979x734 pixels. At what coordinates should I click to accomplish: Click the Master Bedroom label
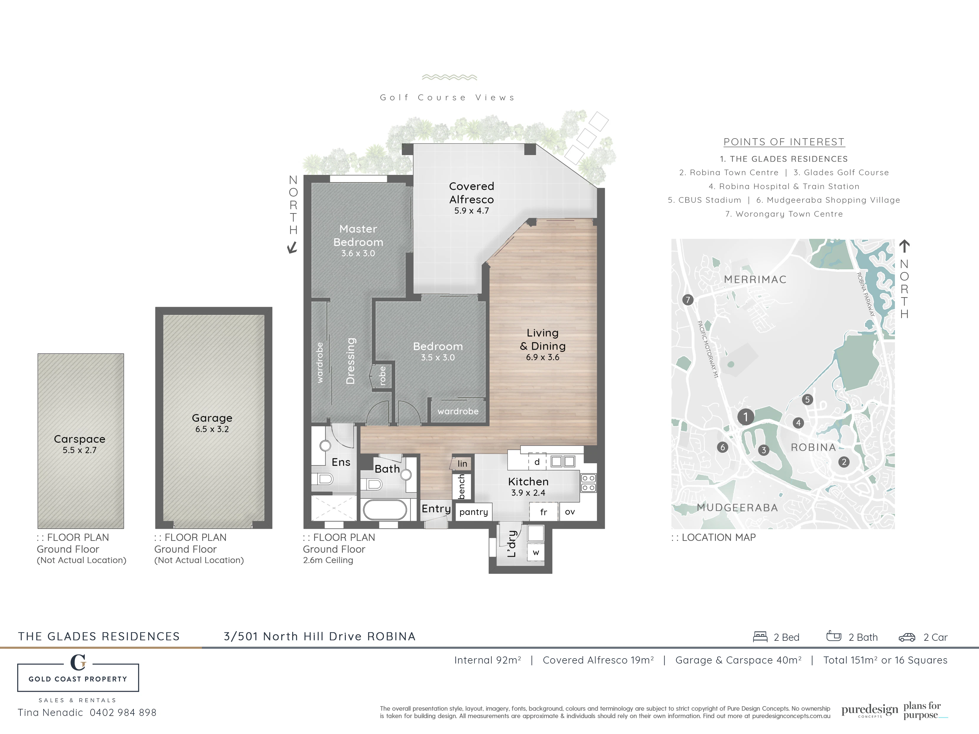(358, 235)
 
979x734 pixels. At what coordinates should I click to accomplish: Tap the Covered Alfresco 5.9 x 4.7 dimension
(471, 211)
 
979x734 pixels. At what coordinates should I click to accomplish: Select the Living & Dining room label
(543, 339)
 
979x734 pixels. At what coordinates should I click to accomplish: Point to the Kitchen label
(528, 481)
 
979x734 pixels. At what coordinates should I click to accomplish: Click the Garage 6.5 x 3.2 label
(212, 423)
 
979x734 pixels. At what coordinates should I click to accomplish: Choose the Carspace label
(80, 439)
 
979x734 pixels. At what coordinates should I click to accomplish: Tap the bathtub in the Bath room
(385, 510)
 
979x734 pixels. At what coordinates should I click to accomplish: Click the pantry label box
(474, 512)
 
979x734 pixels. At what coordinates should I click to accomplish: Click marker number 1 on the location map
(746, 417)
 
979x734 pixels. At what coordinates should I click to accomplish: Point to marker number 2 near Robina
(844, 462)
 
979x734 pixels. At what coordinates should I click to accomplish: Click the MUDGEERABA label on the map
(737, 508)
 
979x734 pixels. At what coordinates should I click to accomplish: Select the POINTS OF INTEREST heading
(784, 142)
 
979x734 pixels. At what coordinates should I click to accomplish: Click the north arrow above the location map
(904, 246)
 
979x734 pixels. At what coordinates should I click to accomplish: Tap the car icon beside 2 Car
(907, 638)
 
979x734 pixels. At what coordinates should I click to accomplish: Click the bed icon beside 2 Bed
(760, 637)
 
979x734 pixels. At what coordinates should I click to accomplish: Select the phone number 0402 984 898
(123, 713)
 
